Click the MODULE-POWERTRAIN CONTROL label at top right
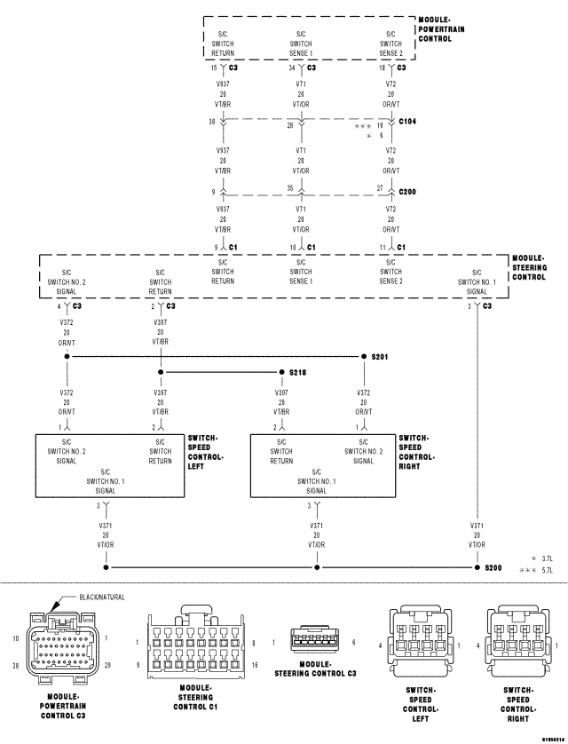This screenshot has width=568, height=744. (x=446, y=28)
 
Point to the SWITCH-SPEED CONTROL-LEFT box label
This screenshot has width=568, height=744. (x=206, y=452)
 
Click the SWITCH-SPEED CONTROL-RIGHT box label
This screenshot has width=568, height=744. (x=416, y=452)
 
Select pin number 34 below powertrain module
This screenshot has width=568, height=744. (x=292, y=67)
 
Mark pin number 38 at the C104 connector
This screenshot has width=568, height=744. (x=212, y=122)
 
